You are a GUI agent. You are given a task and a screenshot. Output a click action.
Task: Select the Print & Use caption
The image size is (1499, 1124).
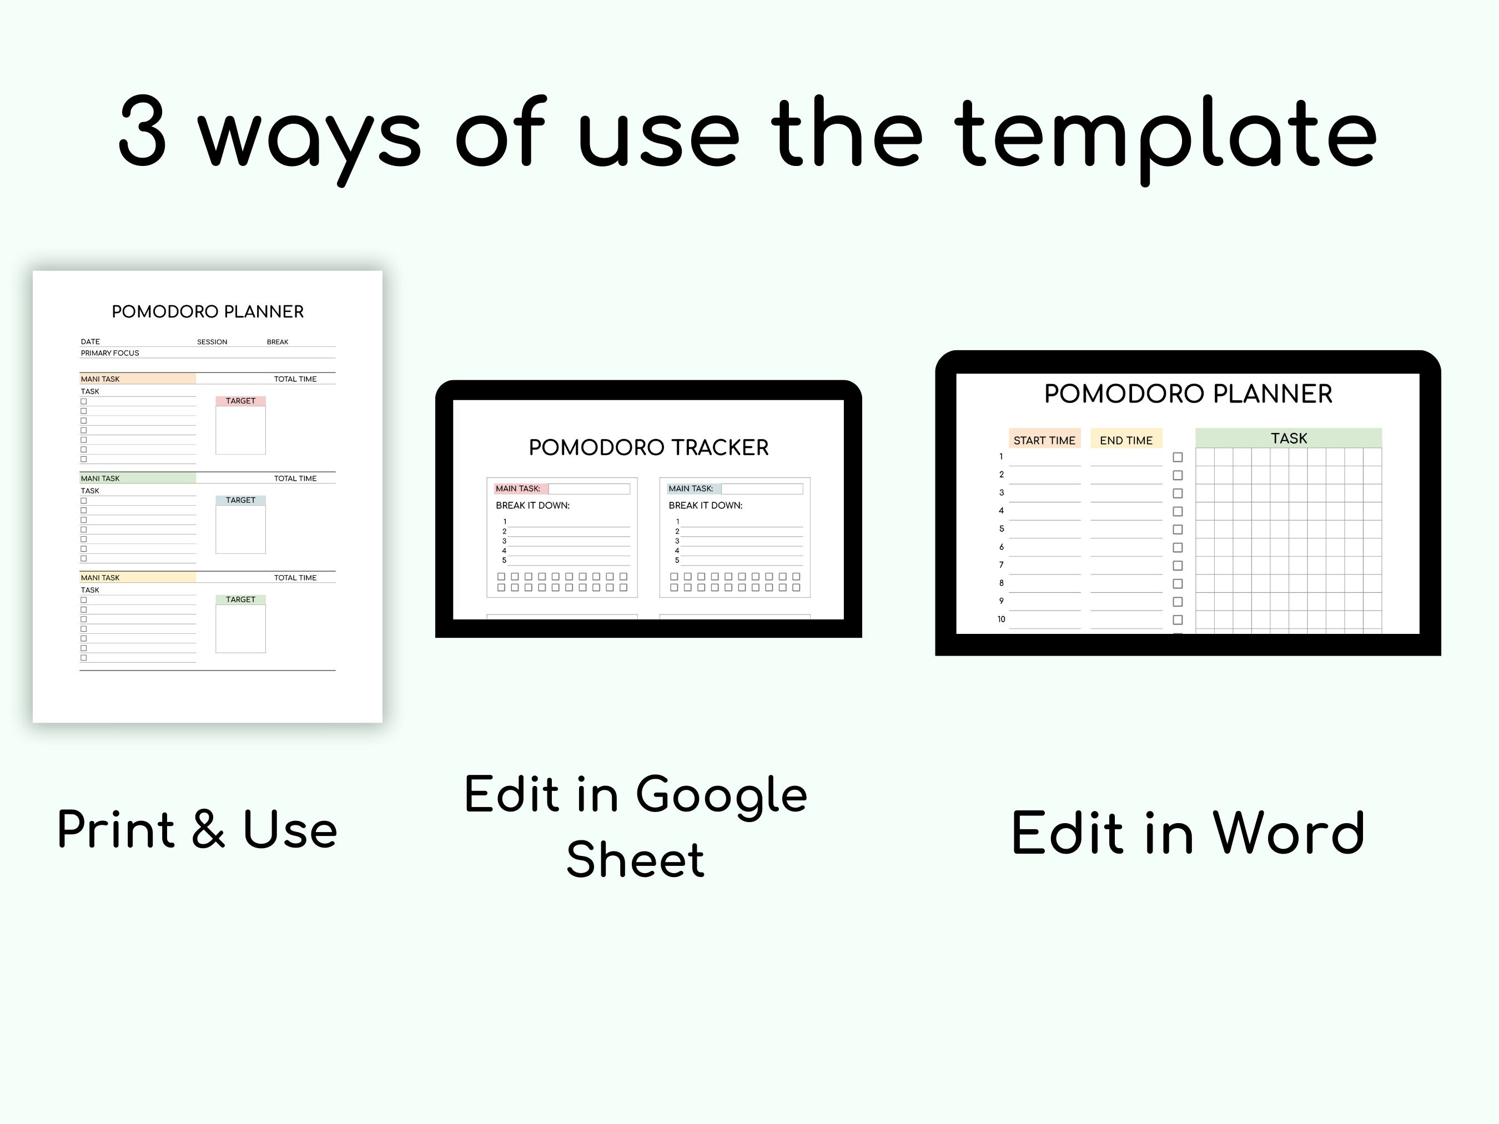pyautogui.click(x=197, y=830)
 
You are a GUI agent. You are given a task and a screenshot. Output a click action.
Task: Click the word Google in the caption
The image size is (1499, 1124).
pyautogui.click(x=721, y=795)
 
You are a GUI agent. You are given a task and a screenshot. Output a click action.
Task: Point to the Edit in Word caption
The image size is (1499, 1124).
pyautogui.click(x=1188, y=833)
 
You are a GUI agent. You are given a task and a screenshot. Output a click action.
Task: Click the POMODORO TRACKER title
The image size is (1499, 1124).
pyautogui.click(x=648, y=448)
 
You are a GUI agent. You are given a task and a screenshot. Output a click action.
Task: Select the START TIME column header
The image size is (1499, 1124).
pyautogui.click(x=1044, y=440)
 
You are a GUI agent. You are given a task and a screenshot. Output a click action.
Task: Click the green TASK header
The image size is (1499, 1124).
pyautogui.click(x=1288, y=438)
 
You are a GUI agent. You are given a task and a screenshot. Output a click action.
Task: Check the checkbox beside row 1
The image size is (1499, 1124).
pyautogui.click(x=1178, y=457)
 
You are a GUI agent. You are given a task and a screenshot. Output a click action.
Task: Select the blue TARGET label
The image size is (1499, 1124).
pyautogui.click(x=240, y=500)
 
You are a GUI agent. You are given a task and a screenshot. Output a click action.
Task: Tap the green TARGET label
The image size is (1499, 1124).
pyautogui.click(x=240, y=599)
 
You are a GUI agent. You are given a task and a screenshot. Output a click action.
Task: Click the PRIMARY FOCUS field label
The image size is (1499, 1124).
pyautogui.click(x=110, y=353)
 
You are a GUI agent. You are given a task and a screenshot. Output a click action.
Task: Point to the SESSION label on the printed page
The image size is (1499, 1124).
pyautogui.click(x=212, y=342)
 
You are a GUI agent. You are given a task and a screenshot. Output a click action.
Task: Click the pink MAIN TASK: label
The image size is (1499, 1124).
pyautogui.click(x=519, y=488)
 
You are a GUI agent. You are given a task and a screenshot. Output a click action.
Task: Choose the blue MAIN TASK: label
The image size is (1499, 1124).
pyautogui.click(x=691, y=488)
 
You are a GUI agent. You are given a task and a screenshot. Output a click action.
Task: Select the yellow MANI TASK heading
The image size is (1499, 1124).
pyautogui.click(x=100, y=578)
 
